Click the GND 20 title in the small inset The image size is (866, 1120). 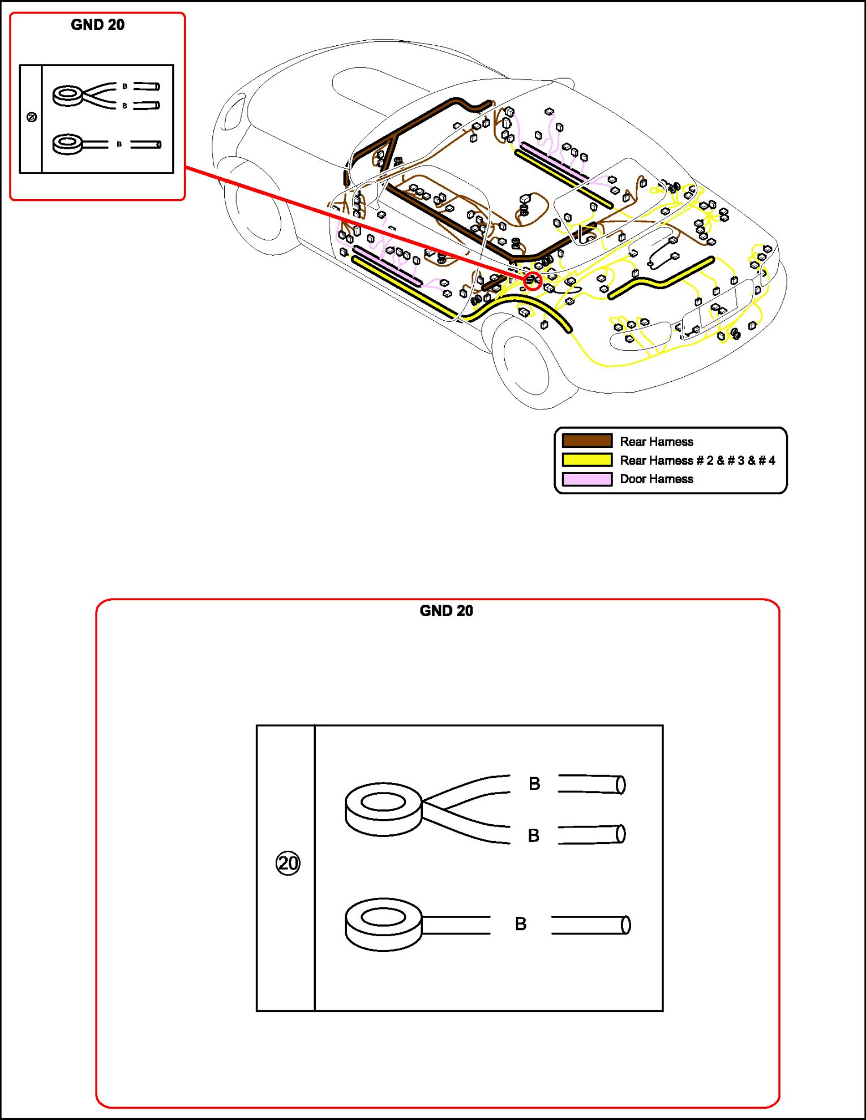tap(97, 25)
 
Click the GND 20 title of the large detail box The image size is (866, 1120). tap(446, 611)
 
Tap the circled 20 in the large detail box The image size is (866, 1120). tap(288, 863)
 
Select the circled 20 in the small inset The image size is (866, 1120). tap(32, 117)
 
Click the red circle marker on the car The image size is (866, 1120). tap(532, 281)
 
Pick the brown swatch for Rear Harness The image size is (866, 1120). tap(587, 441)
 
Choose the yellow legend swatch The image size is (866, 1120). tap(587, 460)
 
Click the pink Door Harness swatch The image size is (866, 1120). tap(587, 479)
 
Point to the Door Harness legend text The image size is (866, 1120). tap(657, 479)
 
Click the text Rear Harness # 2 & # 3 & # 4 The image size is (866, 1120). tap(697, 460)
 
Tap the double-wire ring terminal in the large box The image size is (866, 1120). tap(383, 809)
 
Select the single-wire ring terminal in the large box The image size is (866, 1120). tap(383, 924)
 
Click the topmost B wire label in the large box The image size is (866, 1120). tap(534, 784)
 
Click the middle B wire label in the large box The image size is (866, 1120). tap(533, 835)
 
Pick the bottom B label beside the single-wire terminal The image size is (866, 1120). tap(521, 924)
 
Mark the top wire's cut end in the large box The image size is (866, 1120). tap(620, 785)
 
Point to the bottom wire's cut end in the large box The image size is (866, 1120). tap(625, 925)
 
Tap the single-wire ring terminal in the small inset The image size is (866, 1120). tap(67, 144)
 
